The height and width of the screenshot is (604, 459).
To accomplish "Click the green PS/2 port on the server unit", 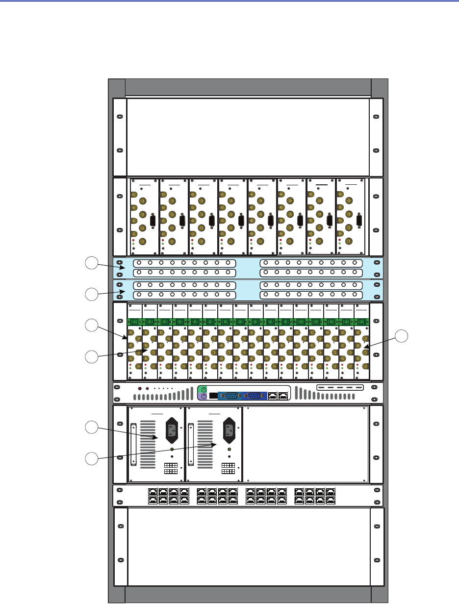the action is tap(201, 390).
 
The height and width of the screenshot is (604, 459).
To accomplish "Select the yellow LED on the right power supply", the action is tap(229, 449).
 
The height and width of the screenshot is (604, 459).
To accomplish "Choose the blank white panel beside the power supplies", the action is tap(306, 444).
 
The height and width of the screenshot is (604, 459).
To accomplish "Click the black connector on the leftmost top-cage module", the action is tap(153, 221).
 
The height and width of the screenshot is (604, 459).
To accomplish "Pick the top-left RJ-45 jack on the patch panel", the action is tap(152, 491).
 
